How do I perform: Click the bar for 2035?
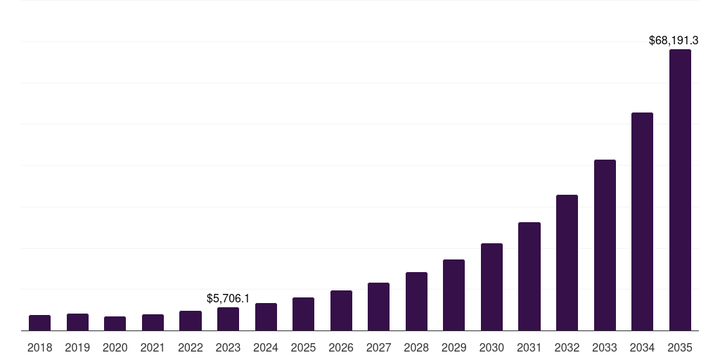click(680, 190)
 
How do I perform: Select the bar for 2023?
click(228, 319)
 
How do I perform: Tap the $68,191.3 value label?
click(673, 41)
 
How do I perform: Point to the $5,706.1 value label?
click(228, 299)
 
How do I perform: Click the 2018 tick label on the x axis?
click(39, 347)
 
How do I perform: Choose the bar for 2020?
click(115, 323)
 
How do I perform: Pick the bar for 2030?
click(491, 287)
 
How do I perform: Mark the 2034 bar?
click(642, 221)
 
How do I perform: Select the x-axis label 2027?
click(378, 347)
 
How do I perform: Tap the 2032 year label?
click(567, 347)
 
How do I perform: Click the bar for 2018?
click(39, 323)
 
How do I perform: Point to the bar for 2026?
click(341, 311)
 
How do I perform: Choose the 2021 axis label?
click(153, 347)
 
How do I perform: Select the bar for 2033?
click(605, 245)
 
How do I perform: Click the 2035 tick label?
click(680, 347)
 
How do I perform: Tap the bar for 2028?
click(416, 302)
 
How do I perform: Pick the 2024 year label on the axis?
click(266, 347)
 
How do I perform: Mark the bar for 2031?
click(529, 276)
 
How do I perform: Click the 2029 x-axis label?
click(454, 347)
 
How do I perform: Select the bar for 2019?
click(77, 322)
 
